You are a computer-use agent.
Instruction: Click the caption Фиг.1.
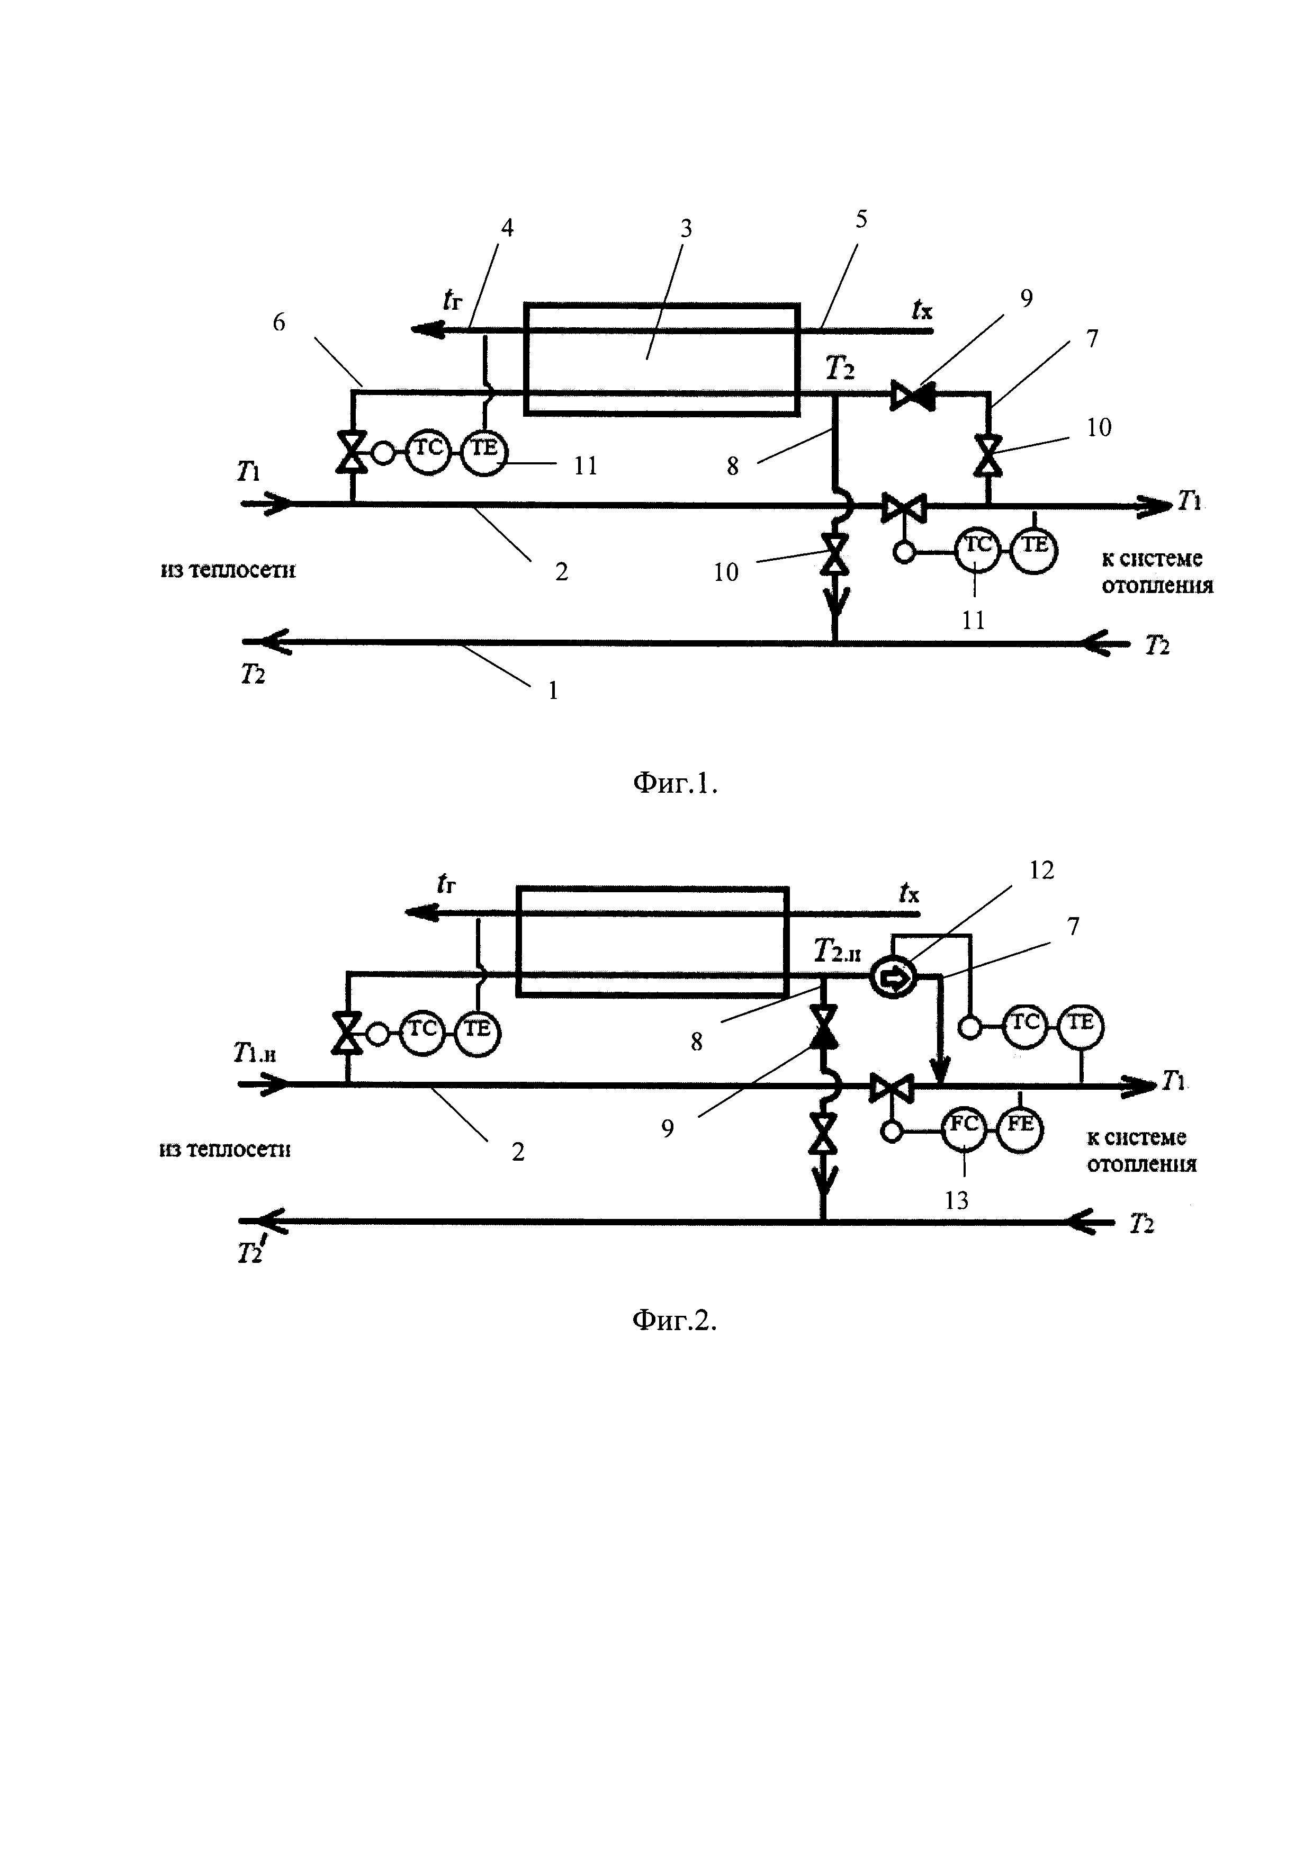click(675, 783)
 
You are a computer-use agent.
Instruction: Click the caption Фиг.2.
click(675, 1320)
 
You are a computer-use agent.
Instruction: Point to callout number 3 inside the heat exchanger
click(686, 230)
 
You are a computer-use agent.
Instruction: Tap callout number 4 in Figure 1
click(507, 228)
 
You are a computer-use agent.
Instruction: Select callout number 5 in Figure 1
click(861, 219)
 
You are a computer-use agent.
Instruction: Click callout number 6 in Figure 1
click(279, 322)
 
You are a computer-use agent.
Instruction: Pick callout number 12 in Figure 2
click(1041, 871)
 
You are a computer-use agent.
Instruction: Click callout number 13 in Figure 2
click(957, 1200)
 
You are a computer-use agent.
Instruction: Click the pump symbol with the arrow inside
click(893, 980)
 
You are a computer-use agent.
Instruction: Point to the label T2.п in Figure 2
click(837, 951)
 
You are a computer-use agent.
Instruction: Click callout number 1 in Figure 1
click(553, 690)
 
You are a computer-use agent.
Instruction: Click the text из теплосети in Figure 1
click(228, 570)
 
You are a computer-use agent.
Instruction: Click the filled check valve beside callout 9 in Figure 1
click(913, 396)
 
